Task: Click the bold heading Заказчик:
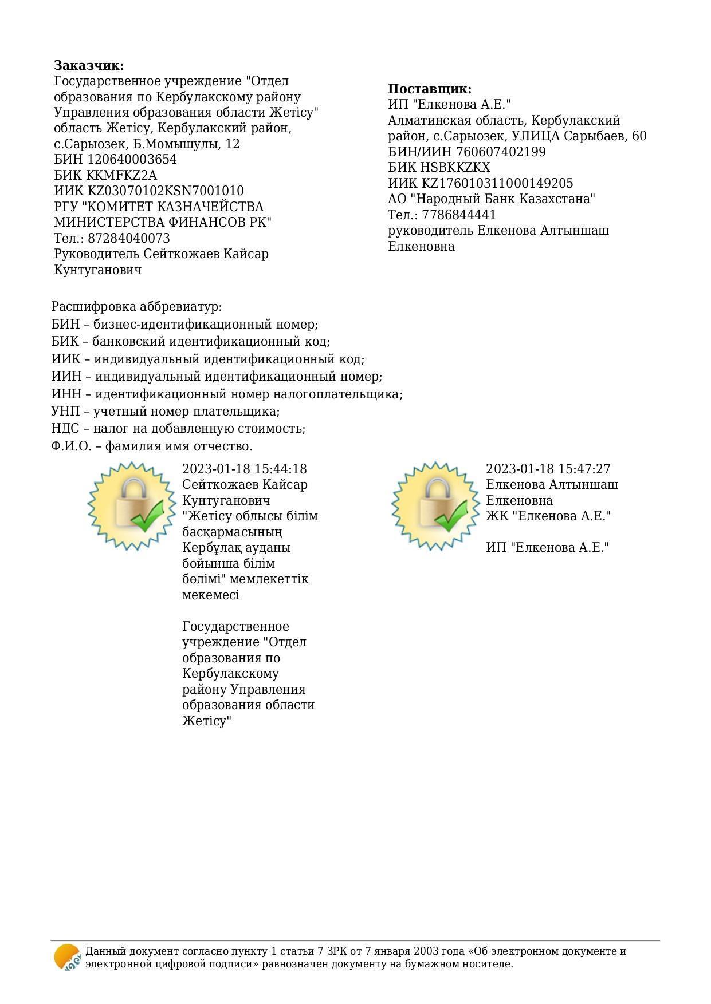click(x=89, y=65)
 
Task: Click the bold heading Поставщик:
click(x=430, y=89)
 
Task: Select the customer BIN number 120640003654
click(x=132, y=160)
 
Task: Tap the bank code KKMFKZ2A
click(x=121, y=175)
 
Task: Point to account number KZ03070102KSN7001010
click(x=166, y=191)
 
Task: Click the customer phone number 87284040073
click(x=129, y=238)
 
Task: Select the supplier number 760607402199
click(x=501, y=152)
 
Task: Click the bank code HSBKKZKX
click(x=456, y=168)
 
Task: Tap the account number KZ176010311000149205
click(x=497, y=184)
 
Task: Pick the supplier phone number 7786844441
click(x=459, y=215)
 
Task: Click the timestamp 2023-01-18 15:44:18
click(x=245, y=469)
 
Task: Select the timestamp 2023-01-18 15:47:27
click(x=548, y=469)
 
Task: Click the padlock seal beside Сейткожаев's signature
click(x=132, y=506)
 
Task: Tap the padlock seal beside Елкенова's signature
click(x=436, y=506)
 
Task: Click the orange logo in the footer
click(x=67, y=957)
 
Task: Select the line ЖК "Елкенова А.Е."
click(x=548, y=516)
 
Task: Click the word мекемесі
click(x=211, y=595)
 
